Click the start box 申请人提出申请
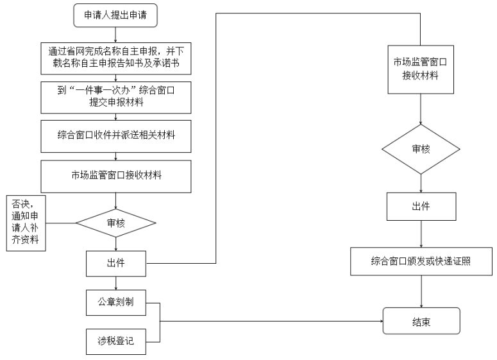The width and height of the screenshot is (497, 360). click(115, 15)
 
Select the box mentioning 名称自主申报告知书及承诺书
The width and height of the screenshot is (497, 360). click(116, 58)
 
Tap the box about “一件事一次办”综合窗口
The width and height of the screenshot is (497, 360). click(116, 98)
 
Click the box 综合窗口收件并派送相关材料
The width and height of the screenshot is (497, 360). click(116, 136)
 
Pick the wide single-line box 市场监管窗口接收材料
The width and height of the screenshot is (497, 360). click(116, 176)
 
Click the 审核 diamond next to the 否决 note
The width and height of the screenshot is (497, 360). click(116, 223)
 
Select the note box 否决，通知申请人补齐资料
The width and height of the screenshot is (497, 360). click(26, 223)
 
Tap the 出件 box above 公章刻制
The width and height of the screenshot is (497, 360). click(116, 264)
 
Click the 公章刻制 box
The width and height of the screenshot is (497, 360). click(116, 303)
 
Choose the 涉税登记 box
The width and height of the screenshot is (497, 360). click(116, 341)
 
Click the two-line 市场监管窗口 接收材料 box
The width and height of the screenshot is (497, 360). click(421, 69)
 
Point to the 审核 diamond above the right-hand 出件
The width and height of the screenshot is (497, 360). click(421, 149)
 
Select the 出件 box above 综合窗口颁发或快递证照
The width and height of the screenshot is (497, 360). click(421, 207)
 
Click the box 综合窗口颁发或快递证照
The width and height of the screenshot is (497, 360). click(421, 261)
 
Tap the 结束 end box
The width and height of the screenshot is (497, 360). click(421, 321)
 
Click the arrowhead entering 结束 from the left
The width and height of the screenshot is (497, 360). click(382, 321)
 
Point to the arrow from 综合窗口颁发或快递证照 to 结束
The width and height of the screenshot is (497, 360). click(421, 291)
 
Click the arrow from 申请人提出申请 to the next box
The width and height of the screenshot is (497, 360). click(115, 35)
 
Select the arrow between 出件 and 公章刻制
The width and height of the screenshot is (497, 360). click(116, 283)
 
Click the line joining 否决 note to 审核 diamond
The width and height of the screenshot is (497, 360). click(61, 223)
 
